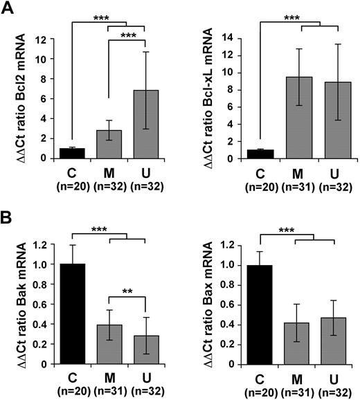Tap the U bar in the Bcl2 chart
(138, 124)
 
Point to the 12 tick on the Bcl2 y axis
(42, 39)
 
